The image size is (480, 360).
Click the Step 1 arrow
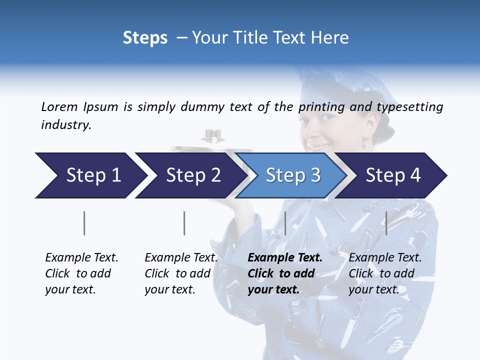90,175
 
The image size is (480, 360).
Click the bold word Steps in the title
145,38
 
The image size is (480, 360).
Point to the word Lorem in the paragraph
59,106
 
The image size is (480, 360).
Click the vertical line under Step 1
84,223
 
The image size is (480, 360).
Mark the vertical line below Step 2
184,223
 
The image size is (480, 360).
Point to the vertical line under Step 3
285,223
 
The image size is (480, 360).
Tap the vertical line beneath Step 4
386,223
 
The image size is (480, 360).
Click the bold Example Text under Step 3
285,257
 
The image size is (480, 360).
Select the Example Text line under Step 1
81,257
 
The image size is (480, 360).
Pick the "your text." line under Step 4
373,289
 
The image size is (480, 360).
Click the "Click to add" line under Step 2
177,273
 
